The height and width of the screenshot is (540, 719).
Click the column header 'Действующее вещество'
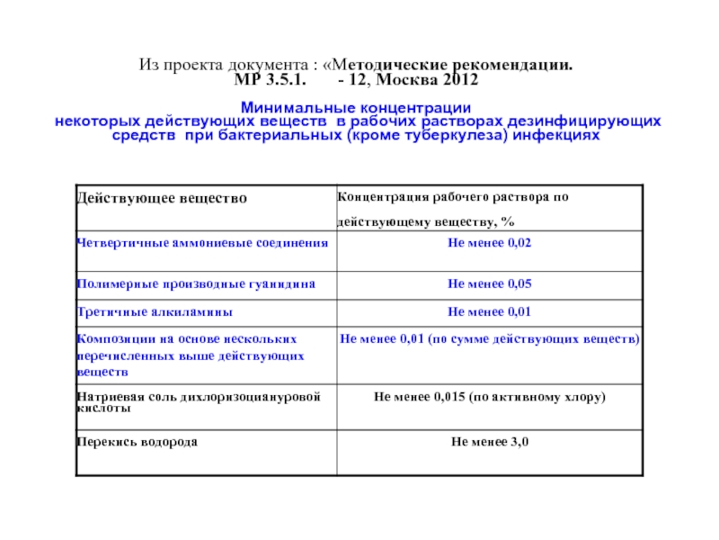[x=162, y=197]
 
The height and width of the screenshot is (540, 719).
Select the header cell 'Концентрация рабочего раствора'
[x=453, y=196]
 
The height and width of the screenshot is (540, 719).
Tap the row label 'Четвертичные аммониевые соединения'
[x=201, y=243]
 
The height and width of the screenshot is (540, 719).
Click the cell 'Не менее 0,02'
[x=490, y=243]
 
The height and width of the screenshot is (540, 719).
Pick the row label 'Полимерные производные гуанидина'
[x=195, y=283]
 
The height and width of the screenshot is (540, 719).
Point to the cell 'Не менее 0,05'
[x=490, y=283]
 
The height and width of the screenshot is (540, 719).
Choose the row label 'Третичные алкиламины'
[x=155, y=311]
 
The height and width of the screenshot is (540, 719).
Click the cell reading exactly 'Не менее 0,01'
[x=490, y=311]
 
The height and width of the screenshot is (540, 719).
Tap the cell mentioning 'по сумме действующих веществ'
[x=490, y=339]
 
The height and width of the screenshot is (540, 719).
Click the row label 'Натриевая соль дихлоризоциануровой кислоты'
[x=199, y=401]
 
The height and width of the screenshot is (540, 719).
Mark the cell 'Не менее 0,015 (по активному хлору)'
[x=490, y=397]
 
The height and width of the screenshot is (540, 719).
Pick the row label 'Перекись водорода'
[x=138, y=442]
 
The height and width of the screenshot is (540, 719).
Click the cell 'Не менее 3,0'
[x=490, y=442]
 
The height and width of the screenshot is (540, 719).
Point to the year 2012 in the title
[x=461, y=81]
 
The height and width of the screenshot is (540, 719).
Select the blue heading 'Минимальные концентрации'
[x=359, y=108]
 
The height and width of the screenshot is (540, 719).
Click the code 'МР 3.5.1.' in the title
[x=270, y=81]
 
